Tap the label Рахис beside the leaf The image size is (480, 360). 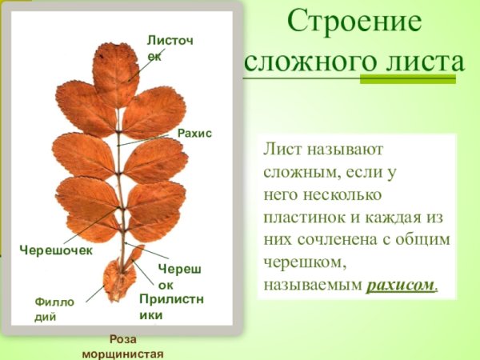coord(194,133)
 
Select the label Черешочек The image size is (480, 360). coord(56,250)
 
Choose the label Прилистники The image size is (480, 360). coord(171,306)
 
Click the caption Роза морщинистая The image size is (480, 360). coord(122,346)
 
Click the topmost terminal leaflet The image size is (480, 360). coord(116,72)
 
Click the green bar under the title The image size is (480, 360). coord(408,79)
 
